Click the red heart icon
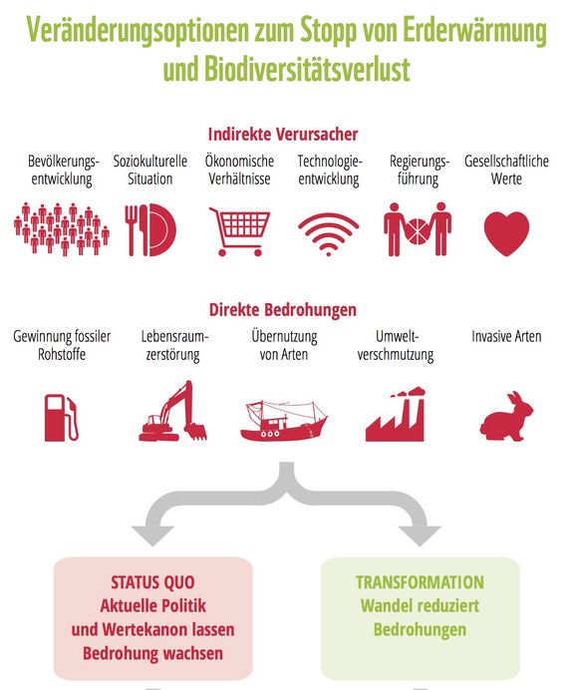point(506,233)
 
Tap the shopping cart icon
point(240,231)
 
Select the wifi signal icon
point(329,233)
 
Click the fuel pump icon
point(62,418)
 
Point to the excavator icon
point(172,411)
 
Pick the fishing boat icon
point(284,420)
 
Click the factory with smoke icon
point(395,414)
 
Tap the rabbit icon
point(506,416)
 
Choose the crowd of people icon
point(62,228)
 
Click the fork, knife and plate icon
point(150,229)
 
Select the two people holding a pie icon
point(418,228)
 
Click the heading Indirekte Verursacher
point(283,135)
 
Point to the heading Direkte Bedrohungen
point(283,310)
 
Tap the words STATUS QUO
point(152,582)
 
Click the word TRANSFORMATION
point(420,582)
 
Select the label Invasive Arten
point(506,337)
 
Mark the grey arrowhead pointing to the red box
point(152,535)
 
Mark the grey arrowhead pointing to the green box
point(420,535)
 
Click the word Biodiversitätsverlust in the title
point(307,70)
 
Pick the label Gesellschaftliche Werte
point(506,170)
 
